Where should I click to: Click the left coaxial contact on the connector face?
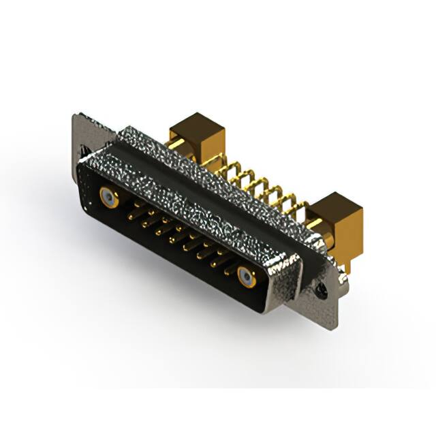tap(108, 198)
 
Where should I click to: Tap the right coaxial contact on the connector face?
tap(247, 277)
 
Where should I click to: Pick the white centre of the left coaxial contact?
tap(108, 198)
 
